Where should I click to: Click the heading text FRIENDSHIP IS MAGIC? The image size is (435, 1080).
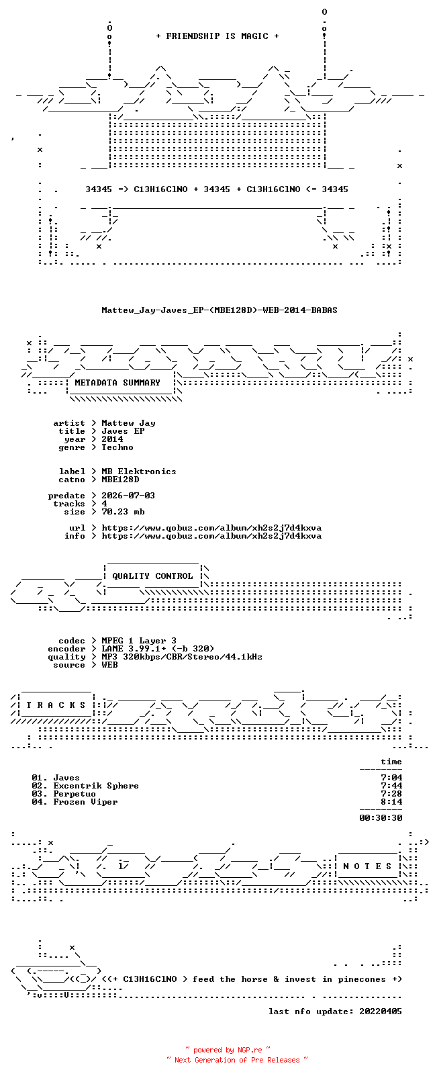point(217,36)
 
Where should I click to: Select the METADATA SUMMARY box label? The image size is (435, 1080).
point(117,383)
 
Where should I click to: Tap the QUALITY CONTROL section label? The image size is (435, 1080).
point(152,576)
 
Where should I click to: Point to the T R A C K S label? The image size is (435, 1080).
point(56,705)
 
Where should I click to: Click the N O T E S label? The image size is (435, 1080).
point(369,866)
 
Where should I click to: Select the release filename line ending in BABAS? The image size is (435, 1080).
point(220,310)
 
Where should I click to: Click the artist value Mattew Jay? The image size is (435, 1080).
point(128,423)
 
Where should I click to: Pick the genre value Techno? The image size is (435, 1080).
point(117,447)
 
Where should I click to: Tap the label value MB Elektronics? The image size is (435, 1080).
point(139,471)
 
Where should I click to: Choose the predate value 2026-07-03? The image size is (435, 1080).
point(128,496)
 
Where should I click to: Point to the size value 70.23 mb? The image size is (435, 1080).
point(123,512)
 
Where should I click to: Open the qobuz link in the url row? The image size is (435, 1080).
point(211,528)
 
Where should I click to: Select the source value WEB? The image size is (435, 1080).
point(109,665)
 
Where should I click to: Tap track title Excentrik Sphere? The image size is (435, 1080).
point(96,786)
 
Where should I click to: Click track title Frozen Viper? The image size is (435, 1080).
point(85,802)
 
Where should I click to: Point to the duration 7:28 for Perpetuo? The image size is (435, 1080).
point(391,794)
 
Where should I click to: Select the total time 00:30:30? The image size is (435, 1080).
point(381,818)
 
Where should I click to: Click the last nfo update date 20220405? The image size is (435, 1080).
point(381,1011)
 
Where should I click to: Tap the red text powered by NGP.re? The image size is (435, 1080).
point(228,1050)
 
